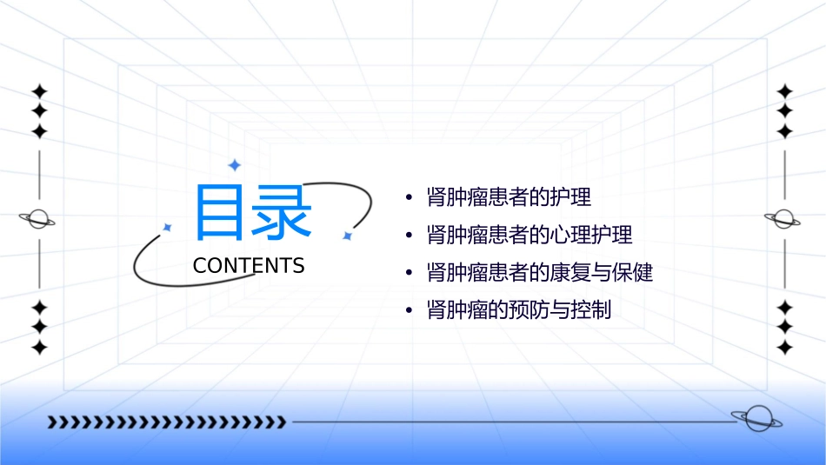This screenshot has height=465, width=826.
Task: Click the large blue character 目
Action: click(x=217, y=211)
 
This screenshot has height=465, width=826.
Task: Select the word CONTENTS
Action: click(x=249, y=266)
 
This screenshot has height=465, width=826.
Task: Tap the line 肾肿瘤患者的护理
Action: click(x=509, y=197)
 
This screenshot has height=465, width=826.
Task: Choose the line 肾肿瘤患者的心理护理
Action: click(x=530, y=235)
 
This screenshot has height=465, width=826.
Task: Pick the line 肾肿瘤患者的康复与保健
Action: click(x=540, y=273)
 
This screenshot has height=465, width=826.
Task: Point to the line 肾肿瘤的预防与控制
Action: click(x=519, y=310)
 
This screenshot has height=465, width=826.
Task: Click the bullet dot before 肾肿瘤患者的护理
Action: click(x=410, y=198)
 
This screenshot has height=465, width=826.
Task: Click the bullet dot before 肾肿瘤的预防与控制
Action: click(x=410, y=311)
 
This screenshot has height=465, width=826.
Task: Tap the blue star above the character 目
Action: click(x=234, y=165)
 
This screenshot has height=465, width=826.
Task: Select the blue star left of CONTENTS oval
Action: click(x=168, y=228)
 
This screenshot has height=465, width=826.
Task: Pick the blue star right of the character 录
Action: click(x=347, y=236)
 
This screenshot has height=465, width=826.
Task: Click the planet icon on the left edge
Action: click(x=38, y=219)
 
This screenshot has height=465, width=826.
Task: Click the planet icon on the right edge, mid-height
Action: click(x=783, y=219)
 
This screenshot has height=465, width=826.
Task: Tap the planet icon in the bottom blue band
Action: click(x=756, y=420)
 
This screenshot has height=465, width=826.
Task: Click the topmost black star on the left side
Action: click(x=38, y=91)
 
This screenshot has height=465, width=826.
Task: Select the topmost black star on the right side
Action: click(x=784, y=91)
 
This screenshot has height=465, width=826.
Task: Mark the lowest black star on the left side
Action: click(x=38, y=347)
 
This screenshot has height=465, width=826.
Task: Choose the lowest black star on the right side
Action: click(x=784, y=347)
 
